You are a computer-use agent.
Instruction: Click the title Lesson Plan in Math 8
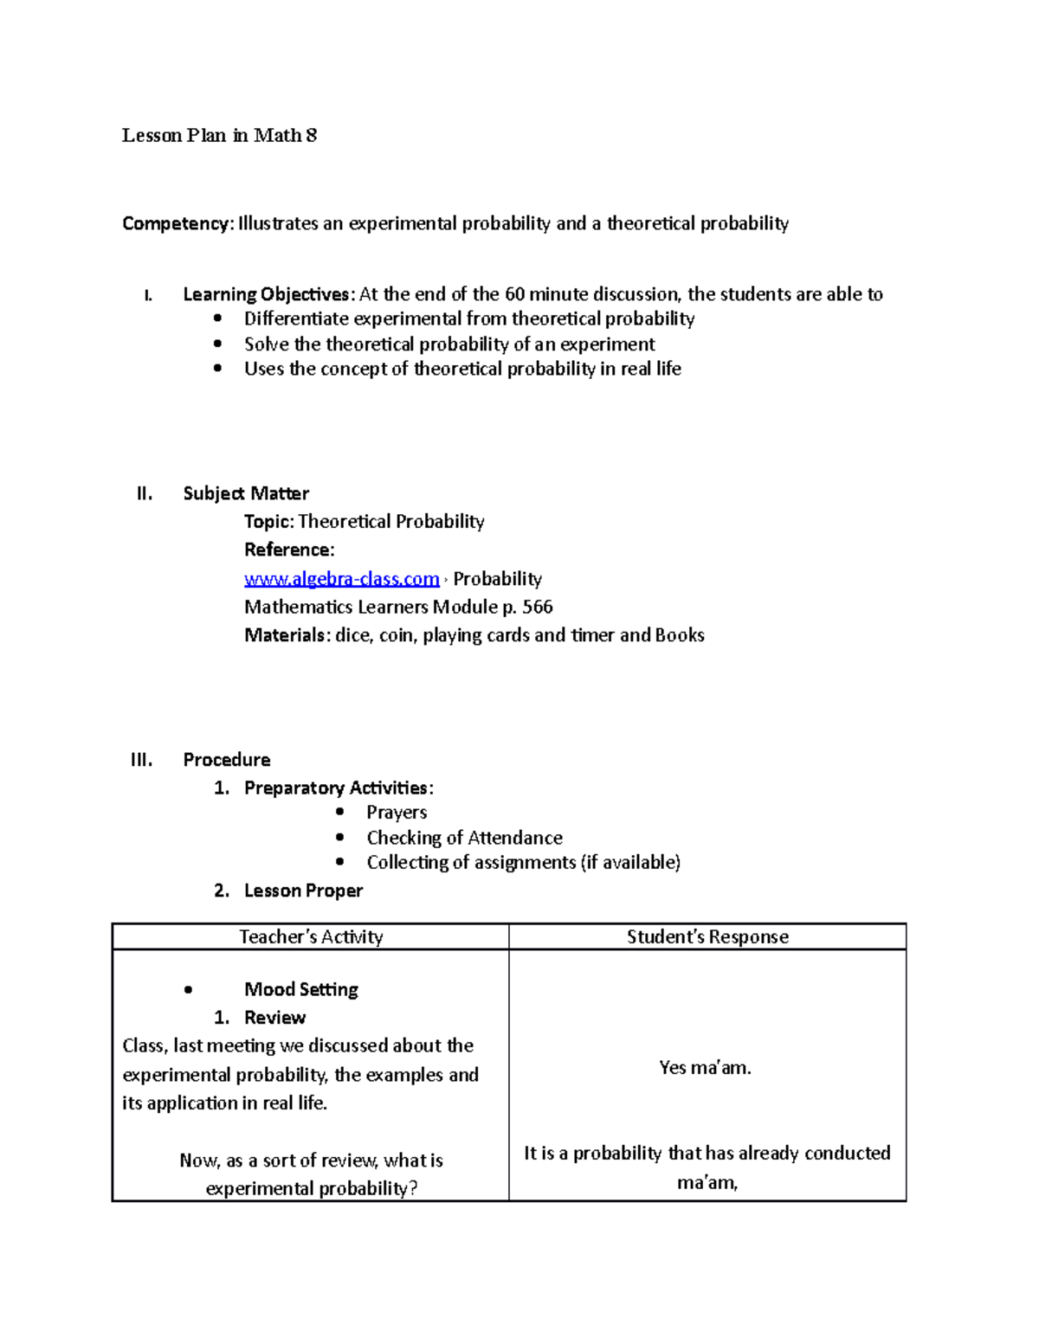(x=219, y=135)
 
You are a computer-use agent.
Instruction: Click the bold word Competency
(x=177, y=223)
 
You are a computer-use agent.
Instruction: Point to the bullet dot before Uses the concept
(x=217, y=368)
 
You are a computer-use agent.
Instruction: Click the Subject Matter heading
(x=246, y=493)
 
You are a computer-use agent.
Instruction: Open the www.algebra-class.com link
(x=341, y=578)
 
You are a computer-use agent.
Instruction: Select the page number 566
(x=538, y=607)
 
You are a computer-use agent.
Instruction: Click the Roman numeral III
(x=141, y=760)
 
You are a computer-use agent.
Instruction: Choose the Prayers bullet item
(x=397, y=812)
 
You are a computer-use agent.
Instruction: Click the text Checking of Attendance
(x=464, y=837)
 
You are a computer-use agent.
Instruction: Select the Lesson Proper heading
(x=303, y=891)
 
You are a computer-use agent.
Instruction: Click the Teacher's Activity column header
(x=311, y=936)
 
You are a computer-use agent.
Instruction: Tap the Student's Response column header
(x=707, y=936)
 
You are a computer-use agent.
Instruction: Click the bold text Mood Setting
(x=300, y=989)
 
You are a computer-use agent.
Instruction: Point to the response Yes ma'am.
(x=705, y=1068)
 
